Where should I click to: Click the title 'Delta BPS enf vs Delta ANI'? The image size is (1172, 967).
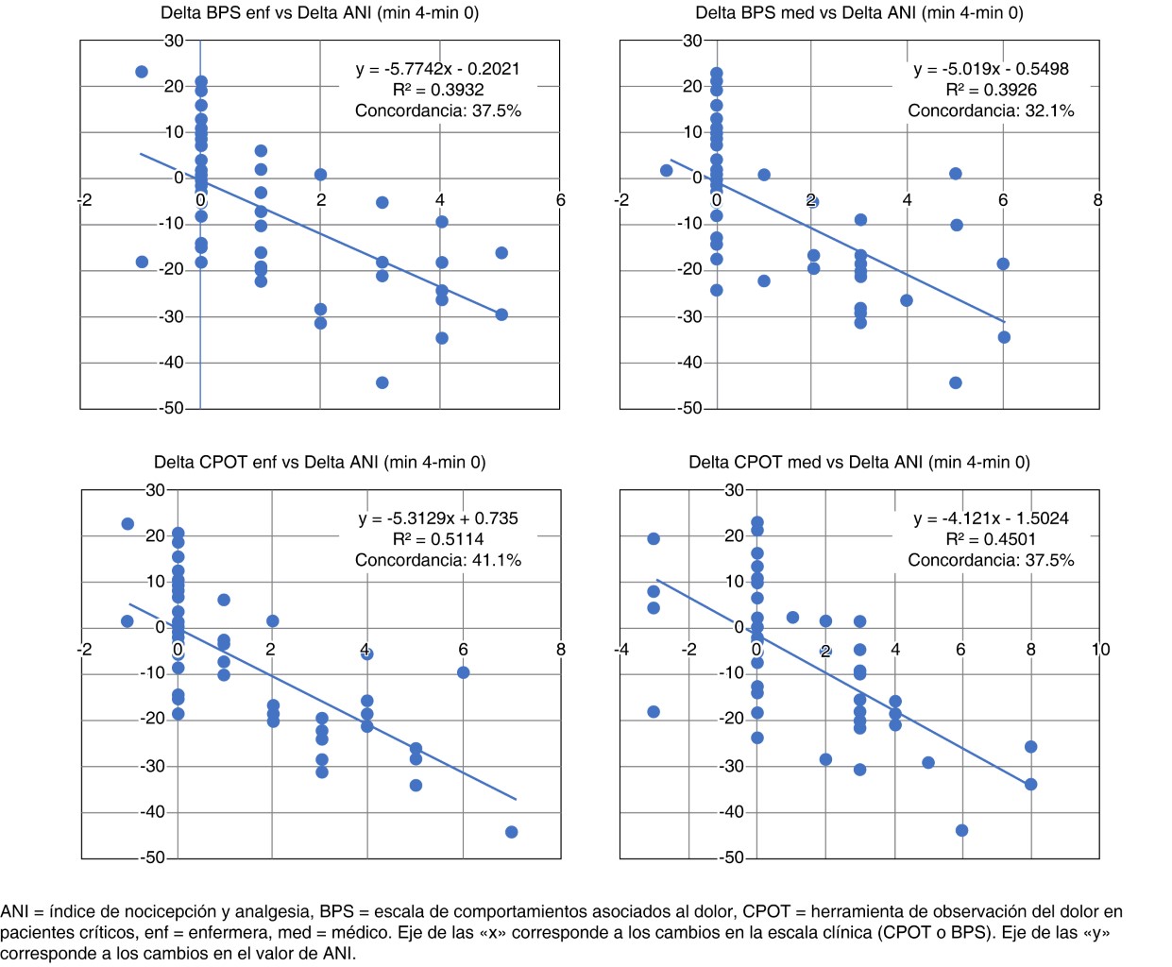(x=319, y=13)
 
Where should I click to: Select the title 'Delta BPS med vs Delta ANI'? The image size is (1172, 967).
(x=858, y=13)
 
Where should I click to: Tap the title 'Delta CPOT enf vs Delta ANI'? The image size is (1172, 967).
(x=319, y=463)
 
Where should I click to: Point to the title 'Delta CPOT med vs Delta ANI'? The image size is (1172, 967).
(x=858, y=463)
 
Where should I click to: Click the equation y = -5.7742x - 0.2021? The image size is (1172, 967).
(x=437, y=69)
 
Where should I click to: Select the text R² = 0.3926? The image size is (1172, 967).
(x=991, y=90)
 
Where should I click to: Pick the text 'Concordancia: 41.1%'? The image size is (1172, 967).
(x=437, y=560)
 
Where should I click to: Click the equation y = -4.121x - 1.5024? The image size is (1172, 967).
(x=991, y=518)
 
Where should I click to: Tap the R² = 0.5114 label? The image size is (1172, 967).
(x=437, y=539)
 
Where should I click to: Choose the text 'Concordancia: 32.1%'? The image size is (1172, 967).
(x=991, y=110)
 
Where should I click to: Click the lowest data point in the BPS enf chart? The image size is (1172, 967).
(x=382, y=382)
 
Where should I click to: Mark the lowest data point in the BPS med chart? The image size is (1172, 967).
(x=956, y=382)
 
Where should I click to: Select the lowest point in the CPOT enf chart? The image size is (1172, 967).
(x=511, y=832)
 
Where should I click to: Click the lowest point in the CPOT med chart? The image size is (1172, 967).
(x=961, y=830)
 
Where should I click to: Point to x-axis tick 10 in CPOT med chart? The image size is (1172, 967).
(x=1100, y=650)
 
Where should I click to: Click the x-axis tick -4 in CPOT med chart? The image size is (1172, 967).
(x=620, y=650)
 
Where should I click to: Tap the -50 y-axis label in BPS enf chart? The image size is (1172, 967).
(x=171, y=409)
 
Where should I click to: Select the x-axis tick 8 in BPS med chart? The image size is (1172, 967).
(x=1097, y=200)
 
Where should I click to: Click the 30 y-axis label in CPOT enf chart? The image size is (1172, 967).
(x=155, y=490)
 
